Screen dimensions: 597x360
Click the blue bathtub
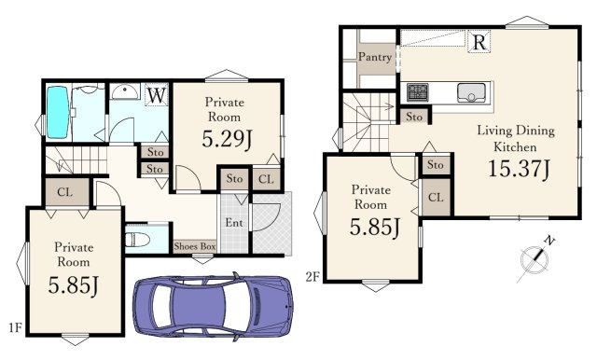58,112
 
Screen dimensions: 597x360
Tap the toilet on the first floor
137,240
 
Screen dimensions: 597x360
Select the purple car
213,306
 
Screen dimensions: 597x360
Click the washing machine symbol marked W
157,94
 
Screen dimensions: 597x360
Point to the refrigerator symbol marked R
479,41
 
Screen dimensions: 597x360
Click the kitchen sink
471,92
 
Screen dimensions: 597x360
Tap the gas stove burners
418,92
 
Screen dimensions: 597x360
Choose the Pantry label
375,57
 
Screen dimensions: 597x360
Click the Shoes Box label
195,246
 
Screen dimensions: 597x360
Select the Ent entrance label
234,222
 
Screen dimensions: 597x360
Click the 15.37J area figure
519,169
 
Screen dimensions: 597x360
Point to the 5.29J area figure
227,139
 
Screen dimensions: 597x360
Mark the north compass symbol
535,260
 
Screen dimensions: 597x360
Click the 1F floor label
15,327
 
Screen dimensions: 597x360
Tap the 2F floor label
312,277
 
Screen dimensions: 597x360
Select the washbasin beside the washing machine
124,91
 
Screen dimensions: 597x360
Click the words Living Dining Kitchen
516,139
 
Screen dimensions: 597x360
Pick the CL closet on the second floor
436,197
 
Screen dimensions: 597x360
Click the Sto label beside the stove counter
414,117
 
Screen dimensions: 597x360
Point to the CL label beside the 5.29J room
266,179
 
